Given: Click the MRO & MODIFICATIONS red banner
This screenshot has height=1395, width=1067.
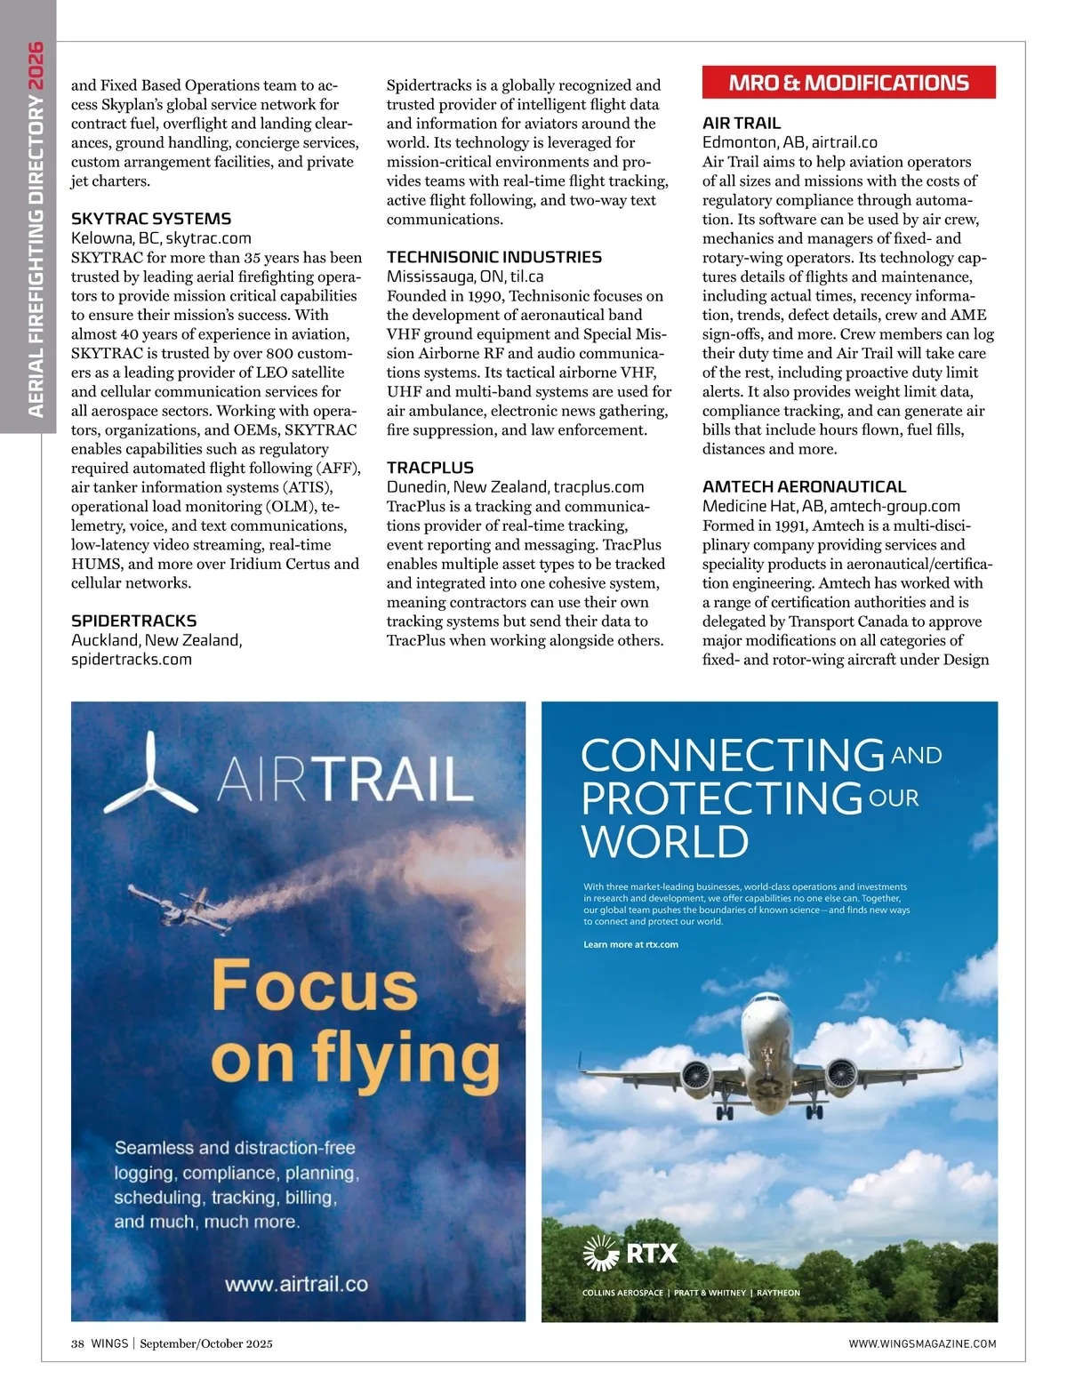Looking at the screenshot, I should tap(848, 83).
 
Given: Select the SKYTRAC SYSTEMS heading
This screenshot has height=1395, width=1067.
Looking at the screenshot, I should tap(151, 219).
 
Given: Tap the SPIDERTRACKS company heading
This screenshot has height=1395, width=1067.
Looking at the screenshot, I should tap(133, 621).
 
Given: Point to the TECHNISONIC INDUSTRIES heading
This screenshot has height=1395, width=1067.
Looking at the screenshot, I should tap(493, 257).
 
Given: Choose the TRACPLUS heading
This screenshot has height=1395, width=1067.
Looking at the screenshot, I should tap(429, 468).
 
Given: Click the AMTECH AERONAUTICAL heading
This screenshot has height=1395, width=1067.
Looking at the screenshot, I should tap(804, 486).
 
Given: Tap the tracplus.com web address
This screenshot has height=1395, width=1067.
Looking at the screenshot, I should tap(598, 487).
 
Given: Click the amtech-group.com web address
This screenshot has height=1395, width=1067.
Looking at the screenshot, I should tap(895, 506).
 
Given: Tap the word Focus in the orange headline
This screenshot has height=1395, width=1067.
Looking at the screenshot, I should tap(315, 985).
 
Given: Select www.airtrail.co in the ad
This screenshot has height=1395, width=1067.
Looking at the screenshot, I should tap(296, 1284).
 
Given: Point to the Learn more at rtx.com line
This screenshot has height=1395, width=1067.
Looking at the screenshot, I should tap(630, 944).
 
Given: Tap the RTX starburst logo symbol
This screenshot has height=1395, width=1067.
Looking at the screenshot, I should tap(601, 1254).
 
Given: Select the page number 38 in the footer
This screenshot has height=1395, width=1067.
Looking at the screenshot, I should tap(77, 1343).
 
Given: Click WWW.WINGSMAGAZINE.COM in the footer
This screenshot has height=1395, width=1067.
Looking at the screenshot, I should tap(922, 1343).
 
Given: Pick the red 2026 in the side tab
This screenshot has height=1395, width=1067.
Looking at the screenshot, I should tap(36, 66).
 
